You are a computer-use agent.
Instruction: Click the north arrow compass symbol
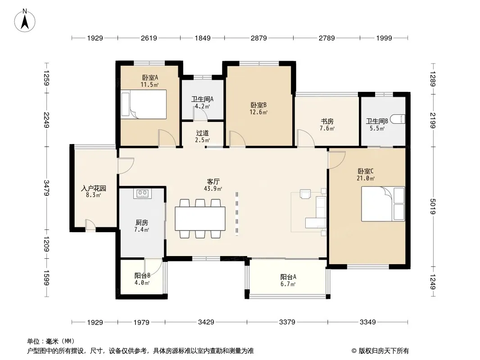point(25,20)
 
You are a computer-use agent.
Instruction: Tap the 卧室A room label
point(150,78)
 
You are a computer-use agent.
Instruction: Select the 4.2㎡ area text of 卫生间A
point(202,107)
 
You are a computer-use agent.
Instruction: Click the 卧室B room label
point(258,105)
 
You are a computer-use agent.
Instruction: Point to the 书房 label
point(327,121)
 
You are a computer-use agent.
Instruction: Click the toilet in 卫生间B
point(398,119)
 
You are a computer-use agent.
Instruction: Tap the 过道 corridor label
point(202,133)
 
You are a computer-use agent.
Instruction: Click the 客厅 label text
point(213,182)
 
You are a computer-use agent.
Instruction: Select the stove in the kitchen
point(143,193)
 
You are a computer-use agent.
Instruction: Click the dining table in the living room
point(200,218)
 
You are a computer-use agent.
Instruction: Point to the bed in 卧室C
point(383,204)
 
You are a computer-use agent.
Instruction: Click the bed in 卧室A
point(144,104)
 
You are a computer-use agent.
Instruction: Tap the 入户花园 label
point(93,188)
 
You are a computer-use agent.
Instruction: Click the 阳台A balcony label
point(288,277)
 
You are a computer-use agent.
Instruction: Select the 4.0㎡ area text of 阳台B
point(142,283)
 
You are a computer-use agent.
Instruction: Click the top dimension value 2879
point(258,38)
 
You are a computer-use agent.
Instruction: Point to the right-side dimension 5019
point(433,207)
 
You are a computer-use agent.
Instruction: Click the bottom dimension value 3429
point(206,322)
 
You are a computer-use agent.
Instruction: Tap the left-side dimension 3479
point(46,188)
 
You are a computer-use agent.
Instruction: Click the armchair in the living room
point(305,194)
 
